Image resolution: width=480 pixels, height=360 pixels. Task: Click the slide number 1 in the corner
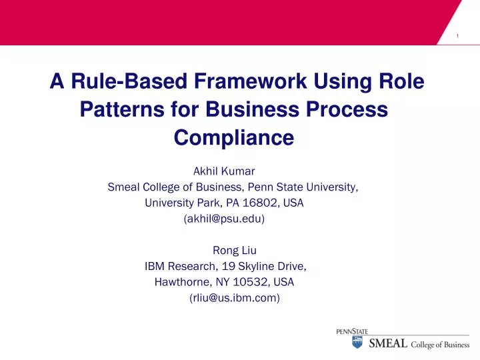pos(457,35)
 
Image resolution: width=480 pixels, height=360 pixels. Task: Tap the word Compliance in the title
pos(233,137)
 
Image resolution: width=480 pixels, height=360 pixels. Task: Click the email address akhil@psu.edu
pos(224,219)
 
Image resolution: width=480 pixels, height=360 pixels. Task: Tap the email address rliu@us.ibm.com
pos(235,298)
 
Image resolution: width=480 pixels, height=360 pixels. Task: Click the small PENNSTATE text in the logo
pos(352,331)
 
